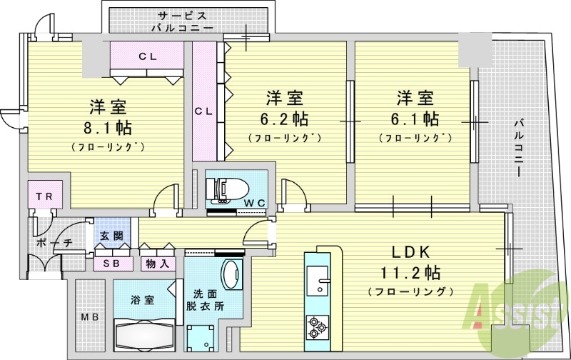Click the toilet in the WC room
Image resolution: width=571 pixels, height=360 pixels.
(x=225, y=189)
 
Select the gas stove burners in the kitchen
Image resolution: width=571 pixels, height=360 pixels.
(x=316, y=326)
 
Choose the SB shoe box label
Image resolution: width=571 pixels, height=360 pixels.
(x=113, y=263)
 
